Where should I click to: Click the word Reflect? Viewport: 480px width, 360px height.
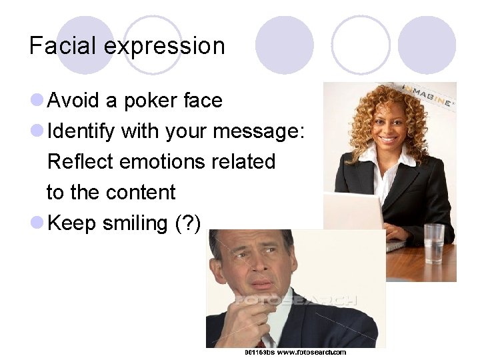(81, 162)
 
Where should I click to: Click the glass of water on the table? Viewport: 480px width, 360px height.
(434, 243)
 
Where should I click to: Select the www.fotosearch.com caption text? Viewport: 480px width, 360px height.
(312, 352)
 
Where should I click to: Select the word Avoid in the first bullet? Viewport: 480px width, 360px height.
(75, 101)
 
